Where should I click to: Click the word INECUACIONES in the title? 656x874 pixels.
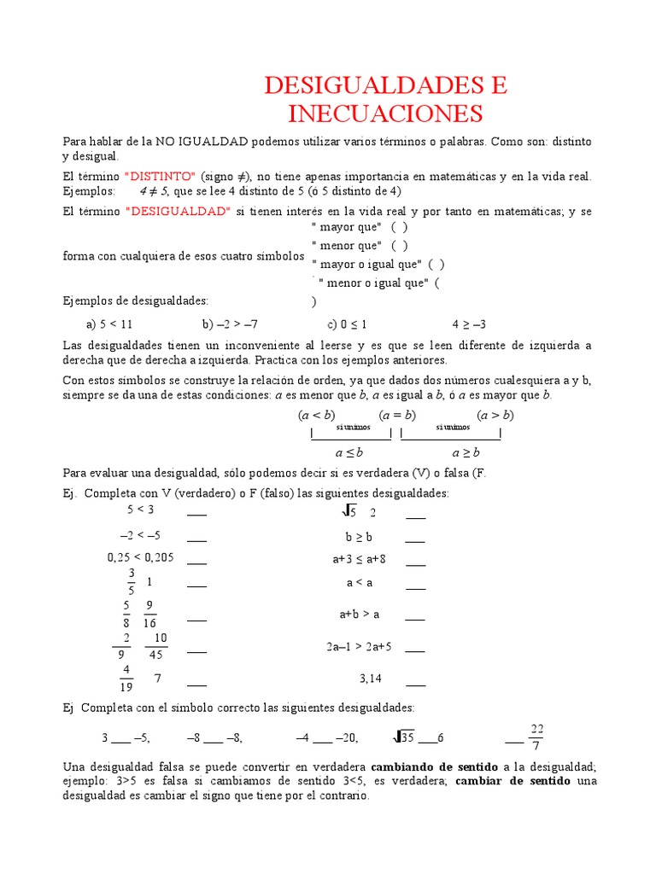click(385, 114)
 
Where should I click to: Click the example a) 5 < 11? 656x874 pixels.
click(110, 324)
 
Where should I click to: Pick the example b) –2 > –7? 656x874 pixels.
click(230, 324)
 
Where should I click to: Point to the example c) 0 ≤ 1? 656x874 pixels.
click(347, 324)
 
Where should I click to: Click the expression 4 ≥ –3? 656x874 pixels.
click(468, 324)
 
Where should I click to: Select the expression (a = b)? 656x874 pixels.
click(396, 416)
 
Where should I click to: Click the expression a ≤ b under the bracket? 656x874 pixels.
click(349, 452)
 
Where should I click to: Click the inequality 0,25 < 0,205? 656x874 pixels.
click(140, 557)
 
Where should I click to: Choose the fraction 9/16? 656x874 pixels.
click(149, 615)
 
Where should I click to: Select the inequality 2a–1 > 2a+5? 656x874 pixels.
click(359, 647)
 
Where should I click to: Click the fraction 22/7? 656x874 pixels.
click(536, 737)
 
